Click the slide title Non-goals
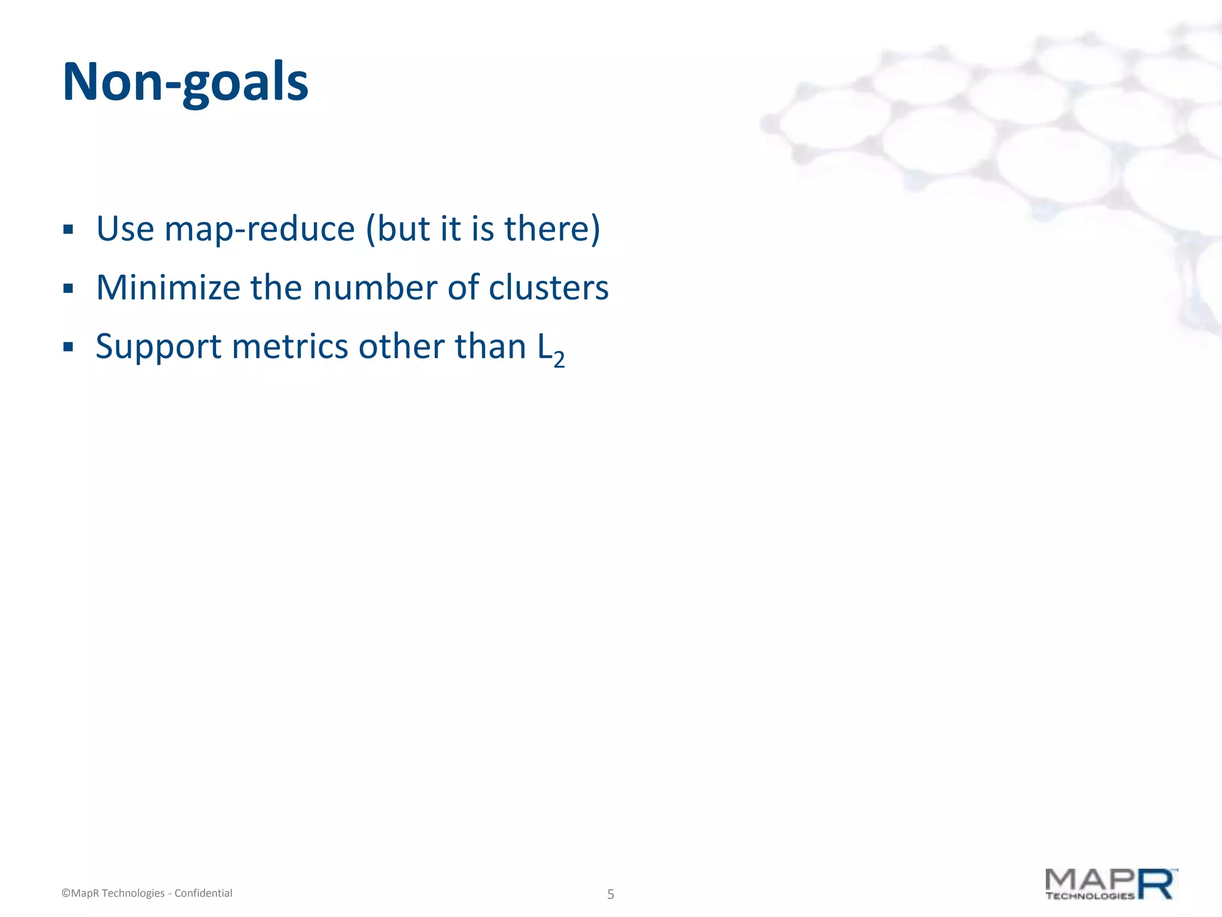tap(185, 82)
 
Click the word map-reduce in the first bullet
tap(260, 229)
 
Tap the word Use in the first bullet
tap(125, 229)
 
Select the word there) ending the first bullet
tap(552, 229)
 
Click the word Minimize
tap(168, 287)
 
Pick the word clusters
tap(548, 287)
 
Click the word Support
tap(159, 347)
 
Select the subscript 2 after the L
tap(559, 359)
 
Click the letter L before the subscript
tap(544, 347)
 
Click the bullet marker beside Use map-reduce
tap(68, 230)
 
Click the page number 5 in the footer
tap(610, 894)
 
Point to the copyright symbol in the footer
tap(66, 893)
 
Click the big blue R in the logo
tap(1156, 884)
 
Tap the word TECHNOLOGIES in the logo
tap(1090, 896)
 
